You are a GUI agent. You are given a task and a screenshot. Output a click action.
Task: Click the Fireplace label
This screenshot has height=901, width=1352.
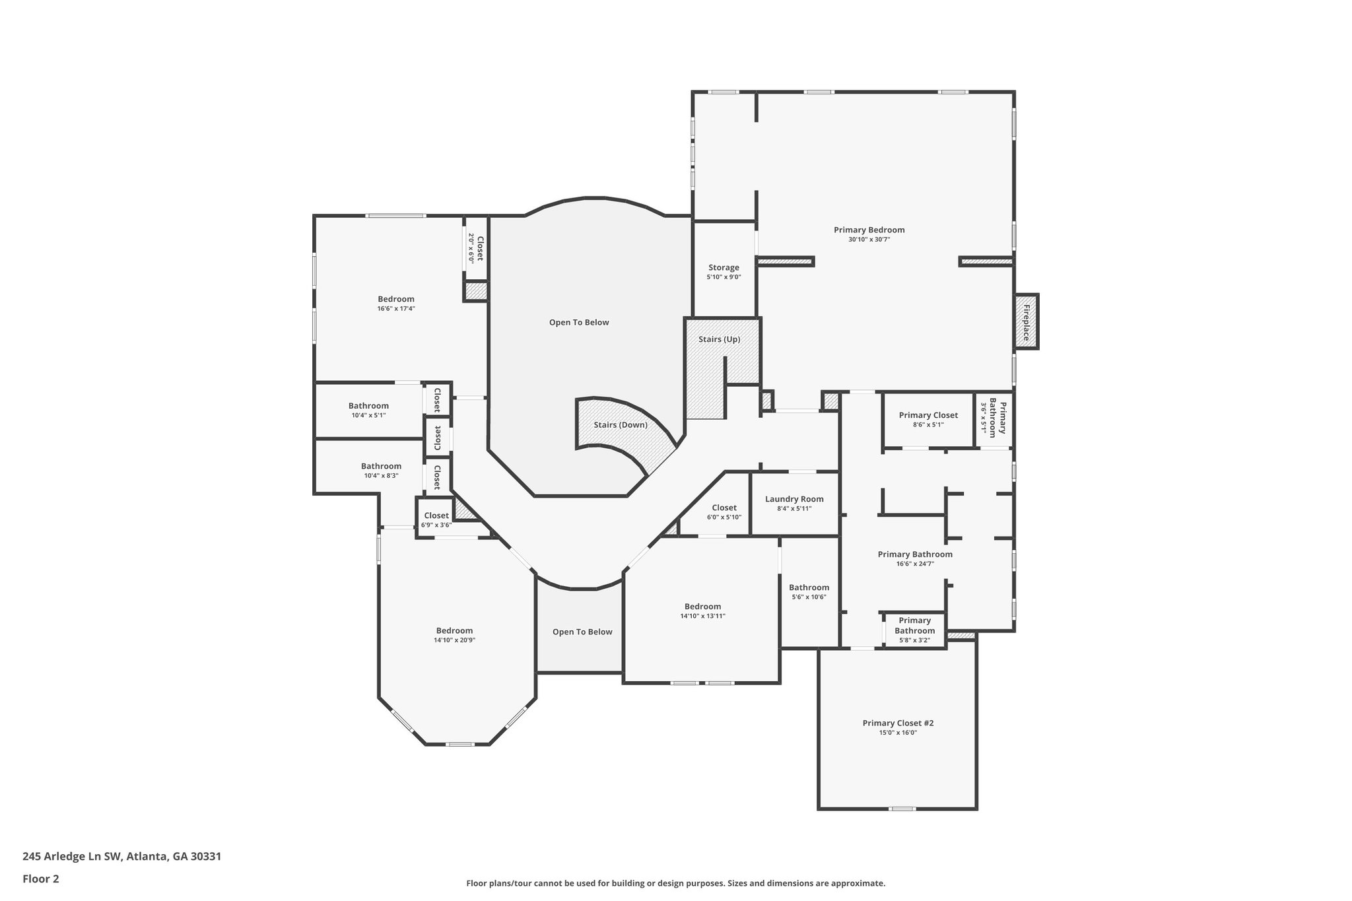[1027, 322]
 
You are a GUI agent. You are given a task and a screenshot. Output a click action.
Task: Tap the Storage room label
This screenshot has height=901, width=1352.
[724, 267]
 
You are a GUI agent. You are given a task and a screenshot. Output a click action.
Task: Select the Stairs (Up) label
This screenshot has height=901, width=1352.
[719, 339]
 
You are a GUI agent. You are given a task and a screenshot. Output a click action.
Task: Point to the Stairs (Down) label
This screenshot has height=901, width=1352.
[620, 424]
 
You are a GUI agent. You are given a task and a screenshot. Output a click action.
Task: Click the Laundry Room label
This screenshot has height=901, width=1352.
[794, 499]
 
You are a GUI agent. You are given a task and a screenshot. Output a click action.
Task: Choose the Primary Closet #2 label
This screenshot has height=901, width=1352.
[897, 723]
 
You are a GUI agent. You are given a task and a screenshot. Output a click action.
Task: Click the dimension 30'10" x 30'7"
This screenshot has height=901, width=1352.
[869, 240]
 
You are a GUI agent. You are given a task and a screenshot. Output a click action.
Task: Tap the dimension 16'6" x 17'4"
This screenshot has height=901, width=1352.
[395, 308]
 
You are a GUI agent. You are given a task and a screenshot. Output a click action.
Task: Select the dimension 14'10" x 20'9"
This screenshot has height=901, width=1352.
[454, 640]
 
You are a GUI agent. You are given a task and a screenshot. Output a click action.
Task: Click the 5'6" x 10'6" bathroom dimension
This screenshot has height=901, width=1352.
[809, 597]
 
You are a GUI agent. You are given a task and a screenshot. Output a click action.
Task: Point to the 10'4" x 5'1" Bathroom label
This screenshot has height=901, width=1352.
[368, 406]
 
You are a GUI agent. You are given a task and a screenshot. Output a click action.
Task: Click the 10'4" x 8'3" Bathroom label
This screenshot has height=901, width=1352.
[381, 466]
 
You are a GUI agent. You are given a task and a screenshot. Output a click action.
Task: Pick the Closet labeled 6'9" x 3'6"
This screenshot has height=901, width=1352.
[436, 516]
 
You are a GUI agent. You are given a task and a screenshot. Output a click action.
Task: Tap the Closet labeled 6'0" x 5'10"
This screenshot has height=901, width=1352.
[724, 508]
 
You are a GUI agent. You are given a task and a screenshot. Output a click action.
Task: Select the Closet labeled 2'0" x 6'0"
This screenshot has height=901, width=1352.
[480, 248]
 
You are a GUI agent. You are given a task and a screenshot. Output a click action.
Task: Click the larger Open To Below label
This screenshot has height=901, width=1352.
[578, 322]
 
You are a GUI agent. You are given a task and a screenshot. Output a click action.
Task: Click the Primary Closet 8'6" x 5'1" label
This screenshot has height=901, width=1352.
[928, 415]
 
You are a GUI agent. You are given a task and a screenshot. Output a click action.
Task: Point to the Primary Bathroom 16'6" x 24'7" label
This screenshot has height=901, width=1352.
[914, 554]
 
